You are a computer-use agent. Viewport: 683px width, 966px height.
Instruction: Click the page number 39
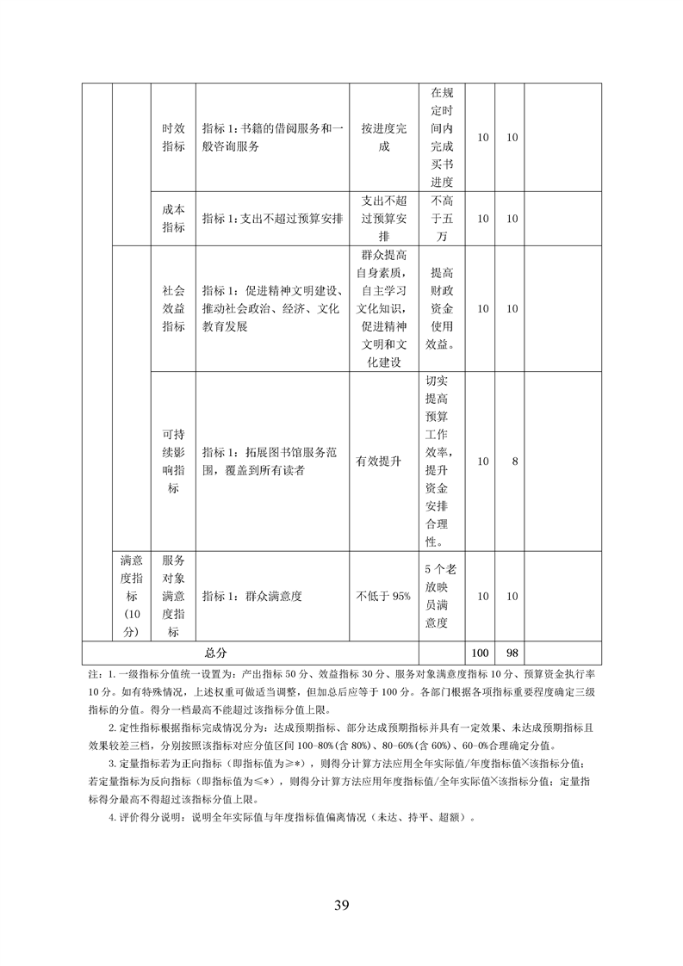point(341,905)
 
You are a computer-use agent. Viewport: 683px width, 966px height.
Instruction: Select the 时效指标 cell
point(173,136)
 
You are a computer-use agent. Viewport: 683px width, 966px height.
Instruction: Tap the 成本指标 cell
point(173,218)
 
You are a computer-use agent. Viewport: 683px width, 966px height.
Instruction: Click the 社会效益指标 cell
point(173,308)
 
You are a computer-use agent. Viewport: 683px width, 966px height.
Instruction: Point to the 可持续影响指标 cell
point(173,461)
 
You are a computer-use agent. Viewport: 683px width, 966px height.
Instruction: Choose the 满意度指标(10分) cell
point(130,596)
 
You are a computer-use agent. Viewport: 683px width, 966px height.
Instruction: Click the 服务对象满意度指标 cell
point(173,596)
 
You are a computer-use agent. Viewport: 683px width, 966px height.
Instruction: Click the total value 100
point(481,653)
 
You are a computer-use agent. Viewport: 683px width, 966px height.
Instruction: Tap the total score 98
point(513,653)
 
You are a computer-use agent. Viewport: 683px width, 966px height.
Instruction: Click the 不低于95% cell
point(383,596)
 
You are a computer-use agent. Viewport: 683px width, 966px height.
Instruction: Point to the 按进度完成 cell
point(383,136)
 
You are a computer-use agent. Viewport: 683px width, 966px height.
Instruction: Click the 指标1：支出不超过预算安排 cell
point(272,218)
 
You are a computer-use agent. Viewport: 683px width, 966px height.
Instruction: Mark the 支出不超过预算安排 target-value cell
point(383,218)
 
